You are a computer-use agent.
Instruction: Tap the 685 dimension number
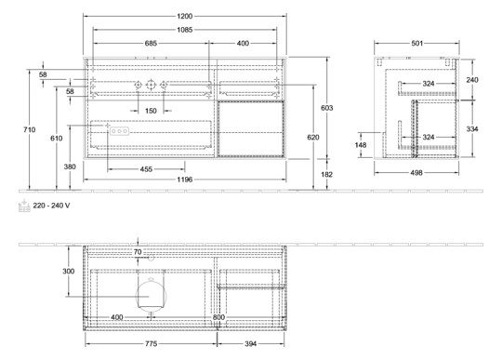click(x=149, y=43)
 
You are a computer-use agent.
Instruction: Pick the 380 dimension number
click(x=69, y=167)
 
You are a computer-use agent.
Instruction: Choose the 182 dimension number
click(x=327, y=173)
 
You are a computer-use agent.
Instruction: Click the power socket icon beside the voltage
click(x=23, y=207)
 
